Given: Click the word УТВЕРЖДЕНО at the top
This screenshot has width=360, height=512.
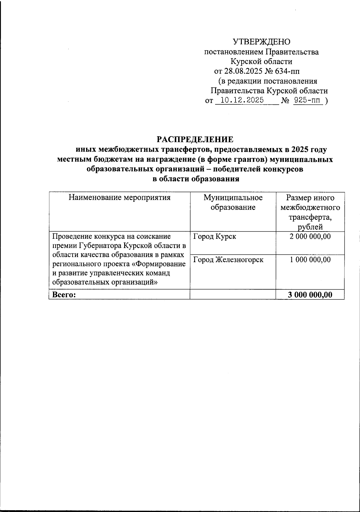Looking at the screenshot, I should [262, 42].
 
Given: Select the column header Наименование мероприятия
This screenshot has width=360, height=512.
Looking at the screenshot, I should [120, 198].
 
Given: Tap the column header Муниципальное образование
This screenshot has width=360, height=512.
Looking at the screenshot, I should [233, 202].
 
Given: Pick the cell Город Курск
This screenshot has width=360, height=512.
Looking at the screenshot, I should [214, 237].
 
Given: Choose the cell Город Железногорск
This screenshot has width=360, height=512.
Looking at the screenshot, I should [228, 260].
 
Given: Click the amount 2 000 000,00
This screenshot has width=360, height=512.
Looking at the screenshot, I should [310, 237].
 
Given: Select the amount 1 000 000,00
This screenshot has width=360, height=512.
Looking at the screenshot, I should [310, 260].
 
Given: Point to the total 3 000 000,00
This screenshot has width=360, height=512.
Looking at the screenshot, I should [310, 295].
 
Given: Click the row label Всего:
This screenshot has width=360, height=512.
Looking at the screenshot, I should [64, 295].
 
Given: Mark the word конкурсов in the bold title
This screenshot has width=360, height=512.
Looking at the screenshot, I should [283, 169].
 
